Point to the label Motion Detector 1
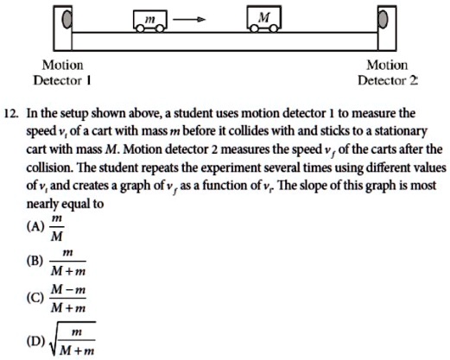(x=63, y=73)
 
